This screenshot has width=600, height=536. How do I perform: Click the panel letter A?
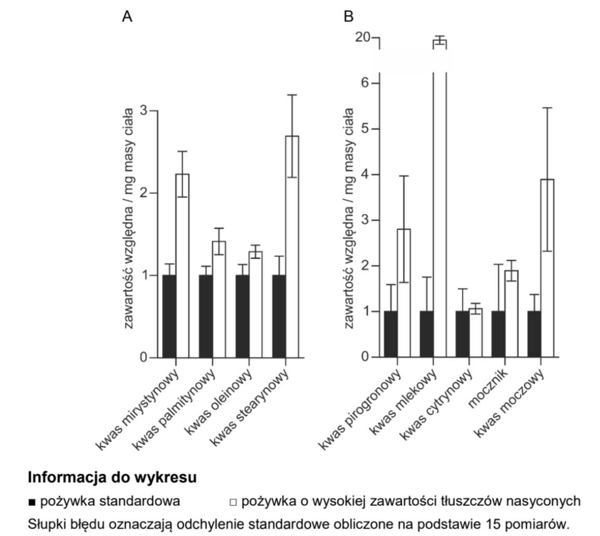pos(127,17)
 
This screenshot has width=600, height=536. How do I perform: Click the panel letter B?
pos(349,17)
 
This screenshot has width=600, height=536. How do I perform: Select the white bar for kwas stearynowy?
pos(292,247)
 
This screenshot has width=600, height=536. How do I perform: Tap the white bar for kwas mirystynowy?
pos(182,266)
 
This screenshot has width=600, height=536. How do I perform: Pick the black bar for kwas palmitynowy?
pos(206,316)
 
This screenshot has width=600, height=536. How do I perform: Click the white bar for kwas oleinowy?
pos(255,304)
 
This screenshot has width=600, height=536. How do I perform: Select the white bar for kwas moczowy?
pos(547,268)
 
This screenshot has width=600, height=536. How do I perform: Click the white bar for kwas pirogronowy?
pos(404,293)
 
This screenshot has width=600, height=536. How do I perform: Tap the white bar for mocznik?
pos(511,314)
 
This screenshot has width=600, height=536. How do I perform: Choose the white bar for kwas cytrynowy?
pos(475,333)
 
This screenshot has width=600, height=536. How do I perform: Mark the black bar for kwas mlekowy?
pos(427,334)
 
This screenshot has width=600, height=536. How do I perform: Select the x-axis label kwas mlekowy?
pos(403,402)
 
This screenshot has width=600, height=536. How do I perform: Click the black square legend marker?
pos(32,502)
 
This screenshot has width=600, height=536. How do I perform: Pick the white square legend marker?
pos(233,502)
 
